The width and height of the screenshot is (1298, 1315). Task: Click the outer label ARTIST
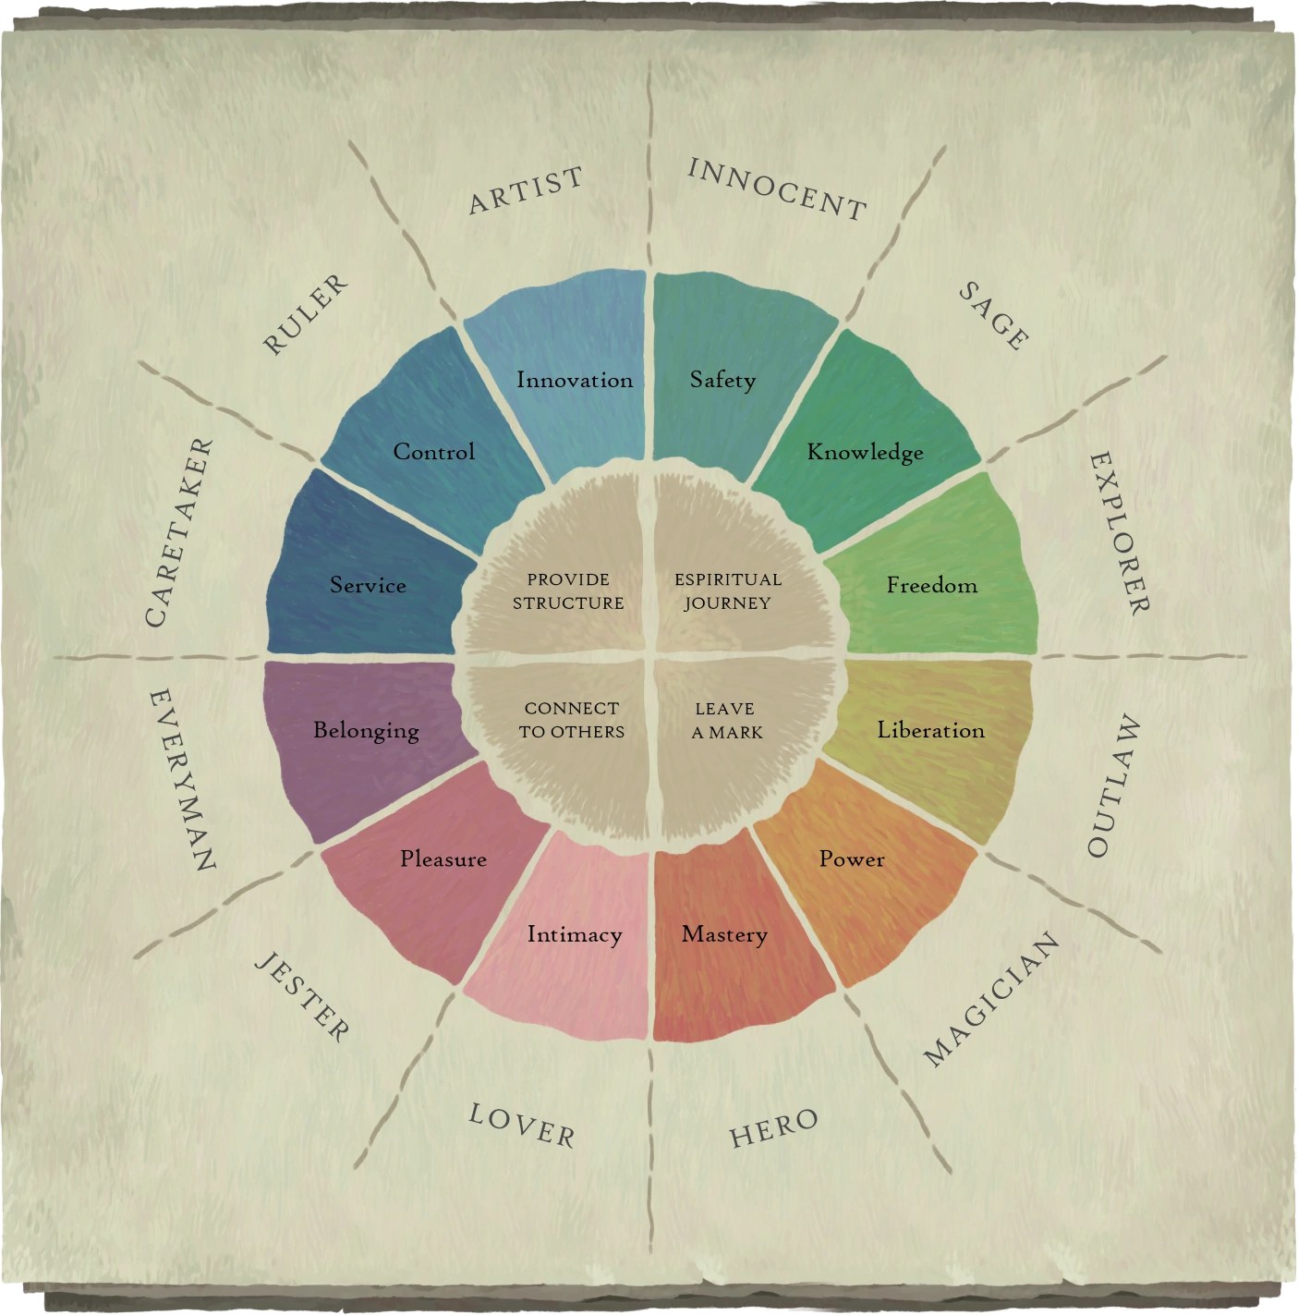(527, 190)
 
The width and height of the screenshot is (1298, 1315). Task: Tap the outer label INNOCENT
(777, 189)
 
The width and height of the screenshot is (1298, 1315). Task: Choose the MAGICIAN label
(991, 999)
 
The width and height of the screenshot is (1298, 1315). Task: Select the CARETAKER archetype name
(179, 533)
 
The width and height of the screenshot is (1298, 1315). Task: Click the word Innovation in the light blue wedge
(575, 380)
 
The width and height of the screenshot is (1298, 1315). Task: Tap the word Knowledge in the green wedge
(865, 452)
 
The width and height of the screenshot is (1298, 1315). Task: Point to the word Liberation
(930, 730)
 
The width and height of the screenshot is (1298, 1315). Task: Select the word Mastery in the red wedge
(724, 934)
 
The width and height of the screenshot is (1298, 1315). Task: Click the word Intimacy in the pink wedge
(575, 934)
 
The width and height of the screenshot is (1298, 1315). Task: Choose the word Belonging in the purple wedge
(366, 730)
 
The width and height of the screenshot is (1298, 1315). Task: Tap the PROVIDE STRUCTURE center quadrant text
(568, 591)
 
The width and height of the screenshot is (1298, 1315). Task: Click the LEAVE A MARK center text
(726, 721)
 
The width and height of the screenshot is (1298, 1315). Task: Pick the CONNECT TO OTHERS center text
(571, 720)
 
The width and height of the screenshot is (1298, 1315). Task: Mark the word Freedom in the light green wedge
(931, 585)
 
